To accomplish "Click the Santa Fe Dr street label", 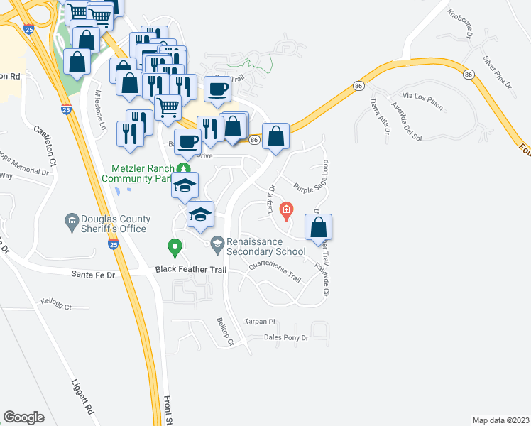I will click(x=94, y=273).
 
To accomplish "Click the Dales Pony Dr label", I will click(x=285, y=338).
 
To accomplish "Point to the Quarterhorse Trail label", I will click(x=275, y=274).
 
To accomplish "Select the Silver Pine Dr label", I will click(x=497, y=72).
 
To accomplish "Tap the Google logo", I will click(x=23, y=417).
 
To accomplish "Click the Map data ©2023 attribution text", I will click(x=500, y=420).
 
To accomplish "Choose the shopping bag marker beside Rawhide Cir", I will click(x=319, y=227).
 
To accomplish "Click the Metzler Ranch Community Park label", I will click(x=142, y=173).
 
